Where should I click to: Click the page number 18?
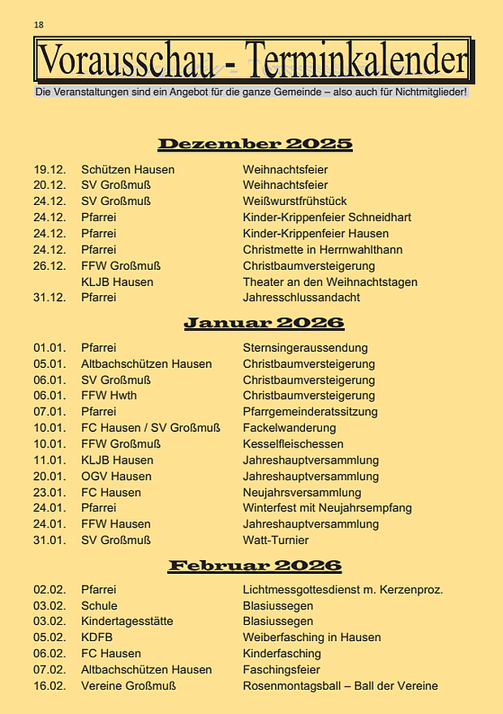(38, 25)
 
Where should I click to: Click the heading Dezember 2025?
(255, 144)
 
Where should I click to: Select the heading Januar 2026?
(264, 323)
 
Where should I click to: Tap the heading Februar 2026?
(255, 565)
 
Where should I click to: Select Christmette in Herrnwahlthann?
(322, 250)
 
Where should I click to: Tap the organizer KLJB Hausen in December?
(117, 281)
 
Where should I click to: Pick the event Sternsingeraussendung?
(305, 348)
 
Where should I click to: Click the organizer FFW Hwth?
(109, 395)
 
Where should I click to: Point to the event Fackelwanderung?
(289, 428)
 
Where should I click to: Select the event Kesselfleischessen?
(293, 444)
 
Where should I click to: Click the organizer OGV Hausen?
(116, 476)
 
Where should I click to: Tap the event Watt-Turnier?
(276, 540)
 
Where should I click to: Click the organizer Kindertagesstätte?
(127, 622)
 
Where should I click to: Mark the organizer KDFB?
(97, 637)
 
